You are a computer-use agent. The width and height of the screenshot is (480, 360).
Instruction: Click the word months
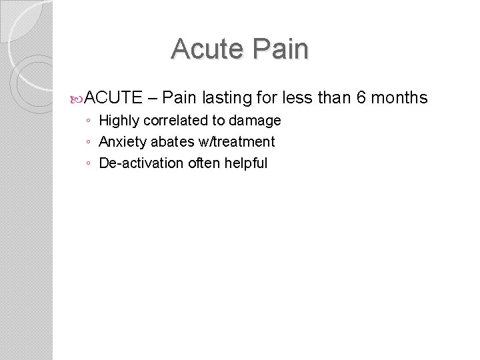pyautogui.click(x=399, y=99)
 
